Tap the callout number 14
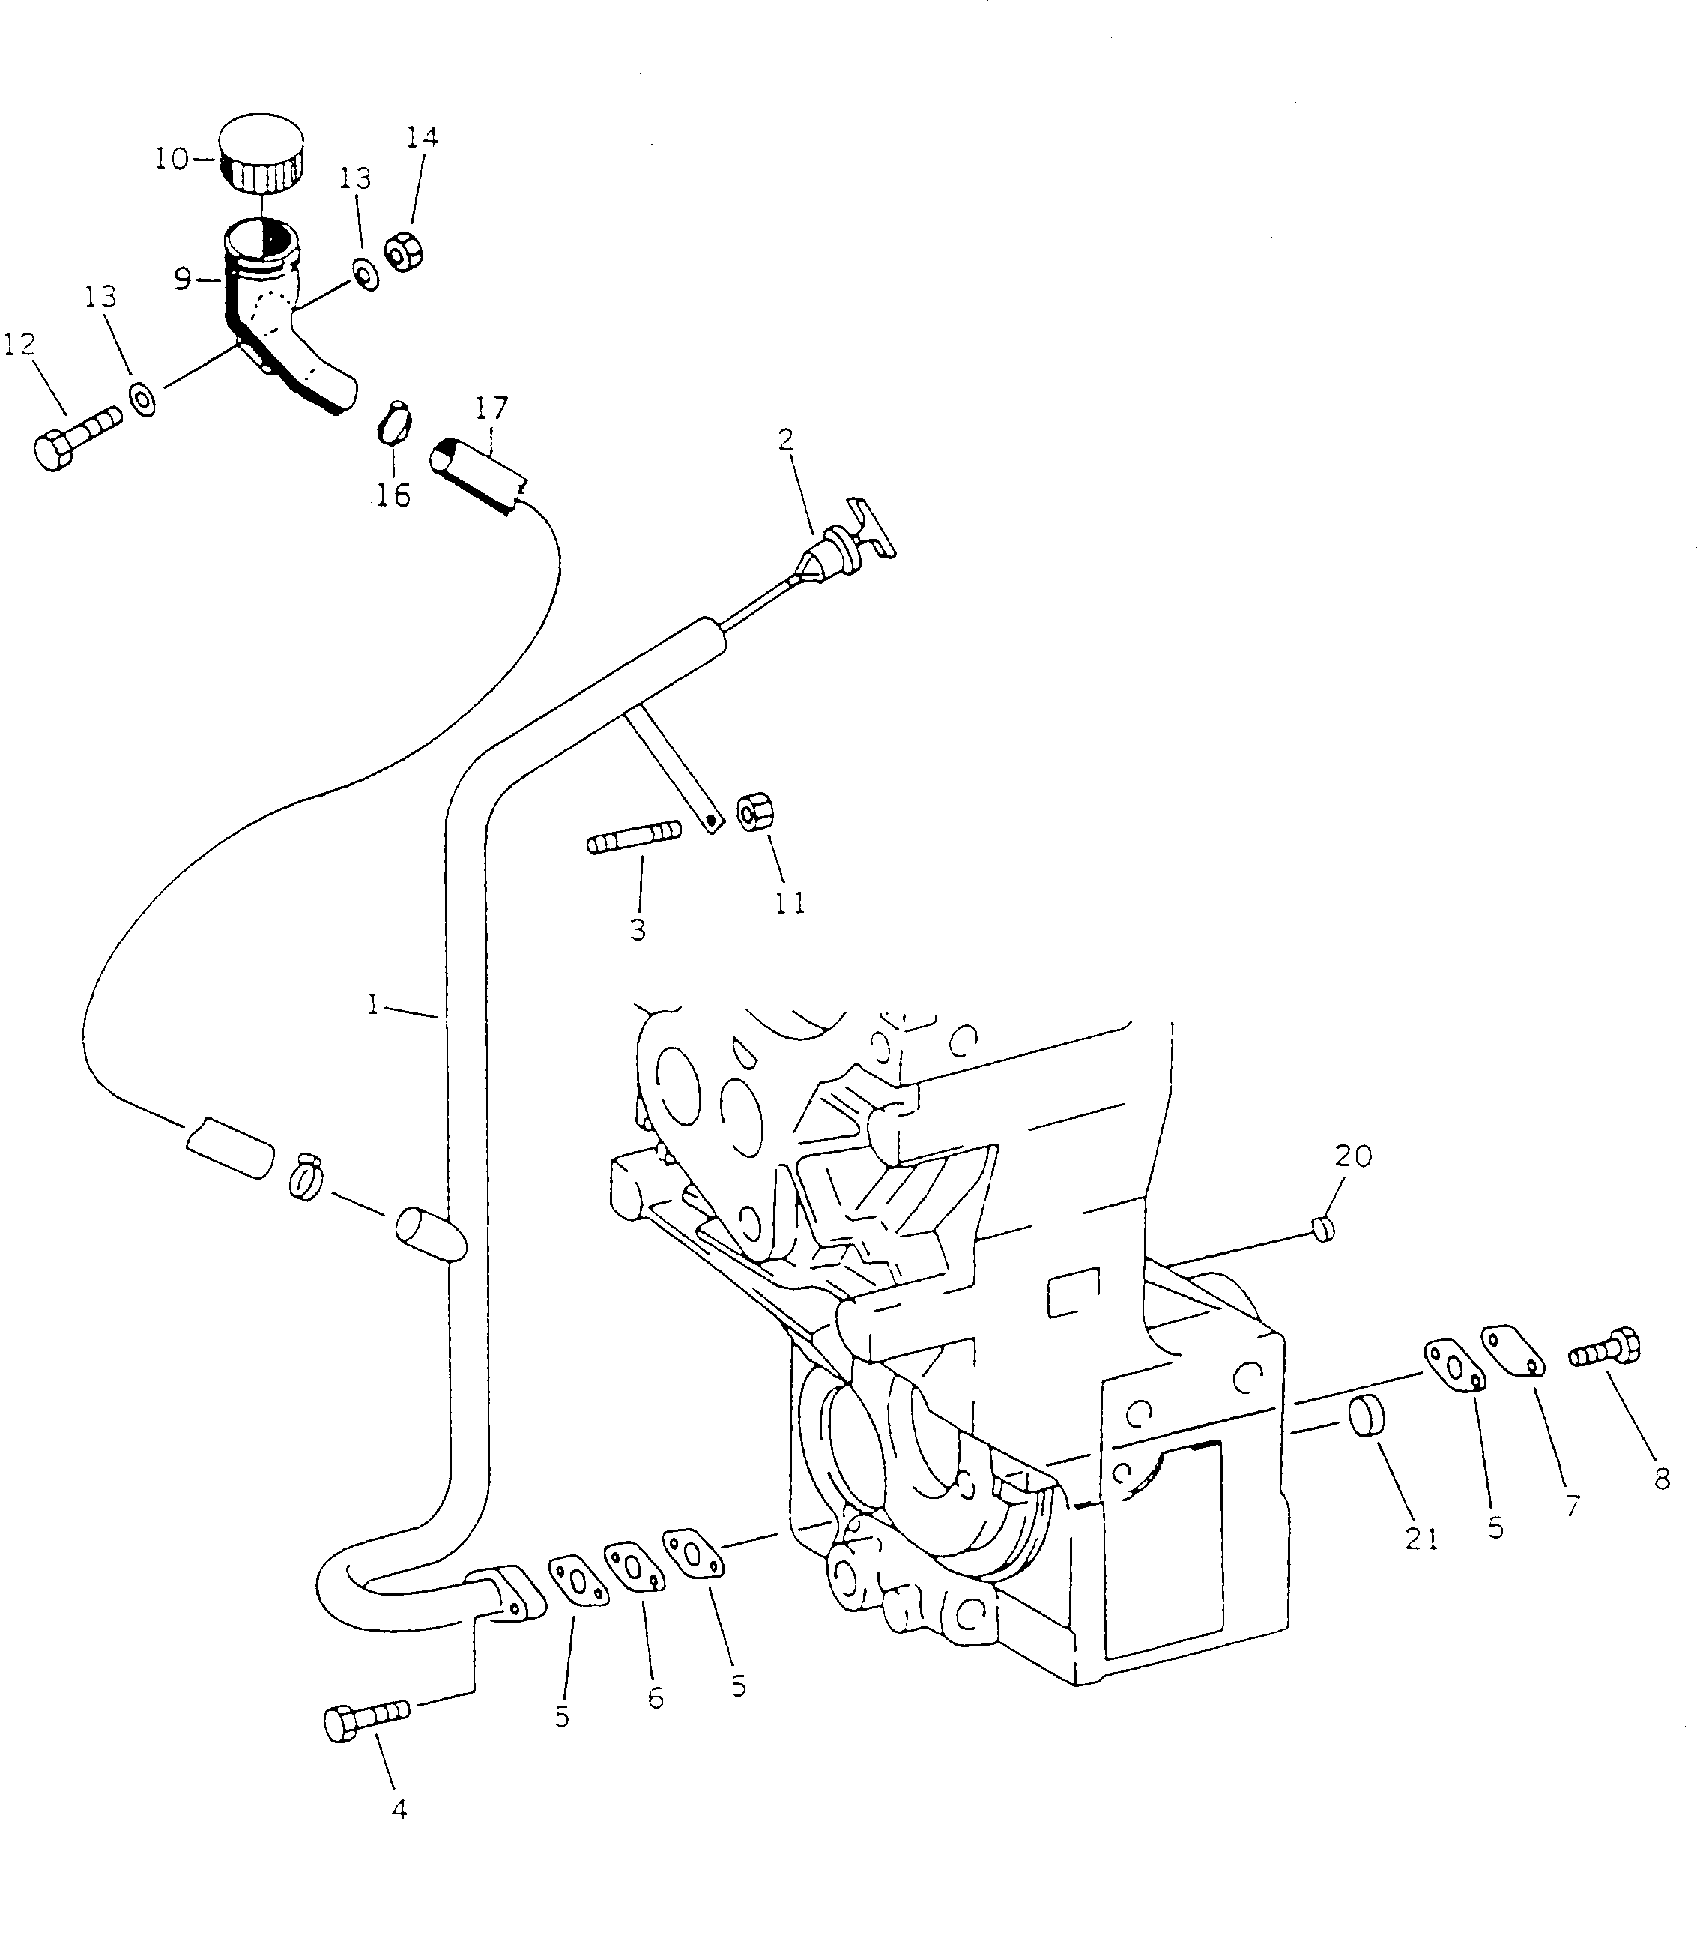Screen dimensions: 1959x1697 pos(423,137)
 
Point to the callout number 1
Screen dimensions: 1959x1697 pos(374,1005)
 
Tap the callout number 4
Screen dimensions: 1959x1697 pos(399,1809)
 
